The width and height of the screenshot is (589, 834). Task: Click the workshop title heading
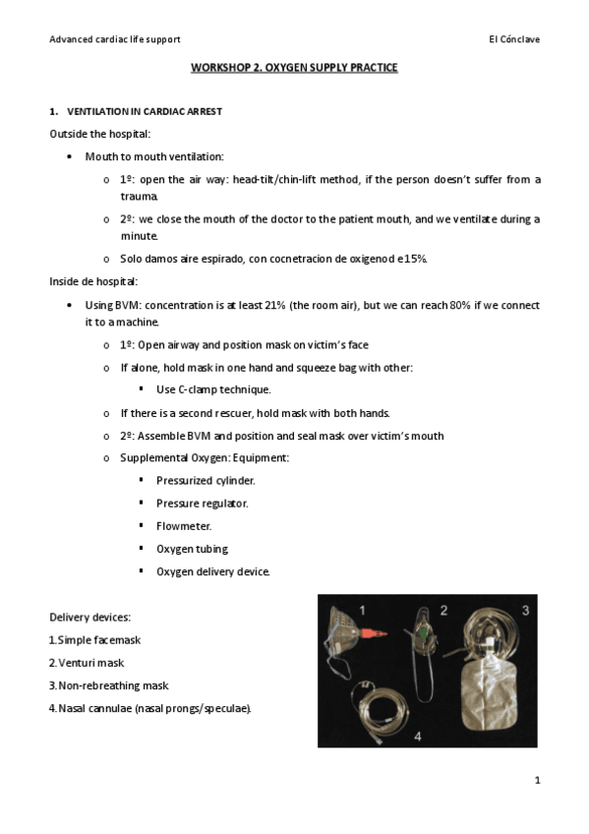(x=294, y=69)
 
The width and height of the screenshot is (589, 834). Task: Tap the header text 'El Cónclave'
(x=513, y=39)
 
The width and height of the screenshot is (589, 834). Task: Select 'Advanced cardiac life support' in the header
(x=115, y=39)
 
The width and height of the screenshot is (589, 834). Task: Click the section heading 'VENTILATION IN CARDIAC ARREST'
(x=144, y=112)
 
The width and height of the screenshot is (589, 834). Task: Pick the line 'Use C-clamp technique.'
(x=200, y=389)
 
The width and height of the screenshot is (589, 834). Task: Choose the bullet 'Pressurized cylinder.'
(x=206, y=481)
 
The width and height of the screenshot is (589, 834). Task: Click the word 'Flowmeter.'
(x=184, y=526)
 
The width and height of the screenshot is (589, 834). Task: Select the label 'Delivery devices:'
(x=89, y=618)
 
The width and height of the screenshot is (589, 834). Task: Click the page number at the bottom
(x=537, y=781)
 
